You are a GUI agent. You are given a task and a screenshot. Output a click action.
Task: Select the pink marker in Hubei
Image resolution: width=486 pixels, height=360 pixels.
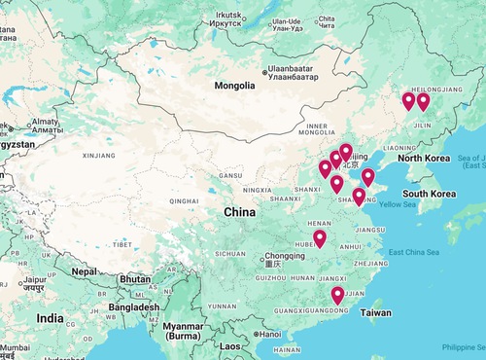point(319,238)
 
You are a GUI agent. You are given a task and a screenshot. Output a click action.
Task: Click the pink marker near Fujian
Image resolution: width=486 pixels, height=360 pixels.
point(337,295)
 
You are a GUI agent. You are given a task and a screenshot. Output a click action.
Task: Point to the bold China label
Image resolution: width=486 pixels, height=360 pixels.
point(240,211)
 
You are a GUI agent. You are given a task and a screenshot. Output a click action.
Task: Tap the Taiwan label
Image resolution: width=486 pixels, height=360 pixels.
point(376,313)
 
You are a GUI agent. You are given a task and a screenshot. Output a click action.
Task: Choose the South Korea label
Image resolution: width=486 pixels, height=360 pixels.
point(430,194)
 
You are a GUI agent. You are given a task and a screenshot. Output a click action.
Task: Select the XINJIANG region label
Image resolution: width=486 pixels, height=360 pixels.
point(98,155)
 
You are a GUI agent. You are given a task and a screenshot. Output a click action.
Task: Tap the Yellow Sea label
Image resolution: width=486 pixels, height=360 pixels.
point(396,204)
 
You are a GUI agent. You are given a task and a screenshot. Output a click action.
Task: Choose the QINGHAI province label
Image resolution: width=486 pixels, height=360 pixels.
point(184,201)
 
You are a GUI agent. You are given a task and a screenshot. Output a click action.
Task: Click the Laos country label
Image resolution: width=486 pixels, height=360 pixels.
point(229,345)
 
